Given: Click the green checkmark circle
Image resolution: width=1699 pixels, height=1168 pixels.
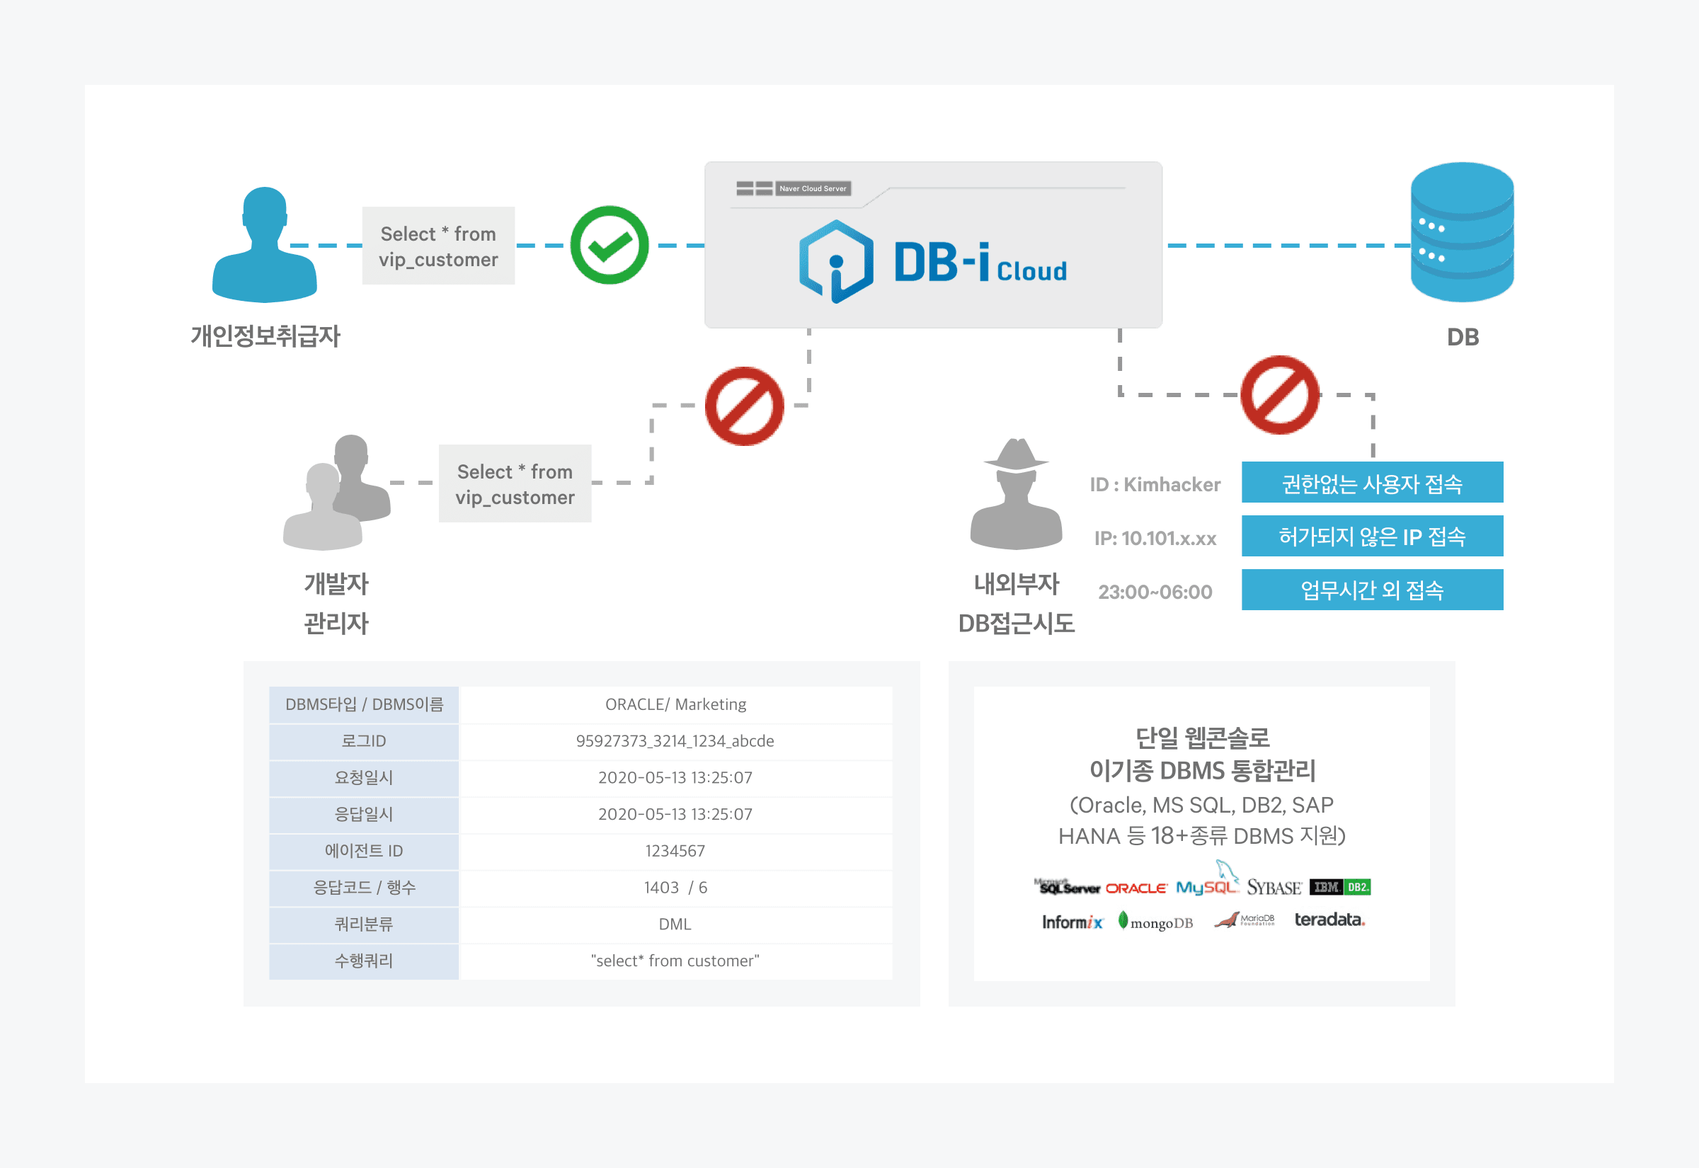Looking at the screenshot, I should [x=609, y=245].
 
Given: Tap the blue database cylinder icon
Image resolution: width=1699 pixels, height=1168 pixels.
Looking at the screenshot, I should [x=1461, y=233].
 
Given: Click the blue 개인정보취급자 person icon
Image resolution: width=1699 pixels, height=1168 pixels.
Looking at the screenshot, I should [x=264, y=245].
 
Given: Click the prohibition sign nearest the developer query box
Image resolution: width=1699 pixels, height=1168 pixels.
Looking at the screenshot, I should [x=744, y=406].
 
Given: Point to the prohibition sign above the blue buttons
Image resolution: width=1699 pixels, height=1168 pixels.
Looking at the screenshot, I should [x=1280, y=395].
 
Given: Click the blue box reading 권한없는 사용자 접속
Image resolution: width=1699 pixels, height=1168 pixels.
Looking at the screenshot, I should [x=1372, y=483].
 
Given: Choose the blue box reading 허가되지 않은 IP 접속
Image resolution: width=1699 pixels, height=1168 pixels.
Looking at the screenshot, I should [x=1372, y=537].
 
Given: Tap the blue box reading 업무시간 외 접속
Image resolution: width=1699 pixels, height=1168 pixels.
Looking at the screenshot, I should [x=1372, y=590].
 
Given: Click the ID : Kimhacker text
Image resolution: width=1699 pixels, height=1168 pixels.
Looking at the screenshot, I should [x=1155, y=484].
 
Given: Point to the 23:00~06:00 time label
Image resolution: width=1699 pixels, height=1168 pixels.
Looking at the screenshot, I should [x=1155, y=592].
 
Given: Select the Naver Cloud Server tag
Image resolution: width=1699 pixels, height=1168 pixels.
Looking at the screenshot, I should [x=812, y=189].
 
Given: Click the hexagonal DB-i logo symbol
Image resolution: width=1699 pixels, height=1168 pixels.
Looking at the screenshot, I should [x=835, y=261].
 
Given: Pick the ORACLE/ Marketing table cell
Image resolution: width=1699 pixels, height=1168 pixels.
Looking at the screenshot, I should [x=675, y=705].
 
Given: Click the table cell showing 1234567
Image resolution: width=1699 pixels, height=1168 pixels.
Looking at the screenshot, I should [x=675, y=851].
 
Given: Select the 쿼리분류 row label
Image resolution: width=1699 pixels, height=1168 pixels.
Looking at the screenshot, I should [x=364, y=924].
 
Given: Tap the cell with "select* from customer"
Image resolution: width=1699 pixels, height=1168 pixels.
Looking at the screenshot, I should [x=675, y=961].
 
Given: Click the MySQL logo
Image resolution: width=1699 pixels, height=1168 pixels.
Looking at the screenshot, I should [x=1206, y=885].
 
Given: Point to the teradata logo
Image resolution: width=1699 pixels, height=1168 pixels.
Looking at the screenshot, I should [x=1329, y=920].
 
